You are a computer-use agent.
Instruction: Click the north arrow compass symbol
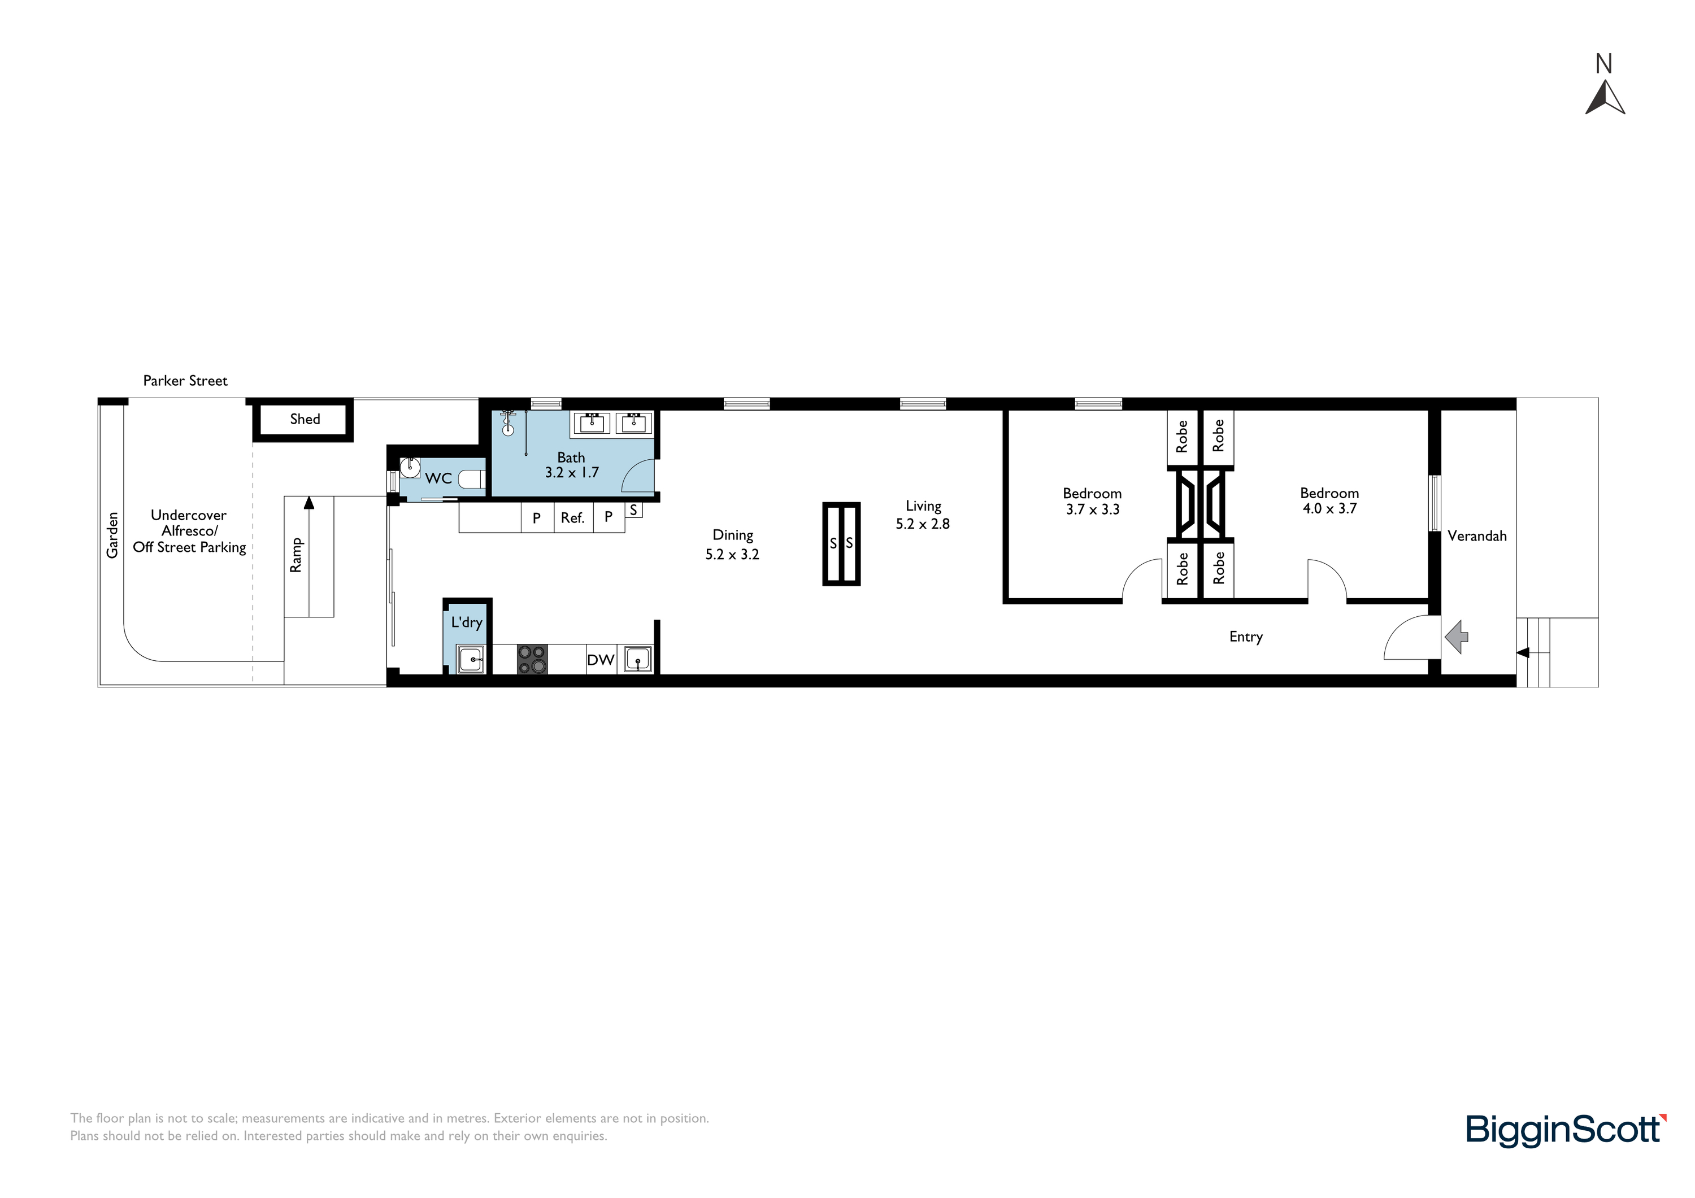click(x=1605, y=99)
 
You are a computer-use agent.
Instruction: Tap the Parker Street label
click(x=185, y=381)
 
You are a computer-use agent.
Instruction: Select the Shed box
click(x=303, y=420)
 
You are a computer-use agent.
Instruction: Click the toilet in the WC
click(x=472, y=479)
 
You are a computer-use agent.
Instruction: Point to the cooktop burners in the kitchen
click(x=532, y=660)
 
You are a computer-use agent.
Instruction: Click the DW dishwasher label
click(x=600, y=660)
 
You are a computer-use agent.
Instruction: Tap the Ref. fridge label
click(x=573, y=518)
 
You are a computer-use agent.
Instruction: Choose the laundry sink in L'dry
click(x=470, y=659)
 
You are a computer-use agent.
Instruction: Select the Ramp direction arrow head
click(x=309, y=502)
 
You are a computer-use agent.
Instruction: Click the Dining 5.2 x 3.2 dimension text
click(x=732, y=554)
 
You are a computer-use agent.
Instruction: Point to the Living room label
click(x=924, y=506)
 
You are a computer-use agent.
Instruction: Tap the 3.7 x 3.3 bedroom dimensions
click(x=1093, y=509)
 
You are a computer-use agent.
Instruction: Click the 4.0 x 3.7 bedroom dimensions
click(x=1329, y=508)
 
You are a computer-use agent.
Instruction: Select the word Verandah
click(x=1477, y=536)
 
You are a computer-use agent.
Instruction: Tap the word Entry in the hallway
click(x=1246, y=637)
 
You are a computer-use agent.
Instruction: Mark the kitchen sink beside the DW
click(x=638, y=659)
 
